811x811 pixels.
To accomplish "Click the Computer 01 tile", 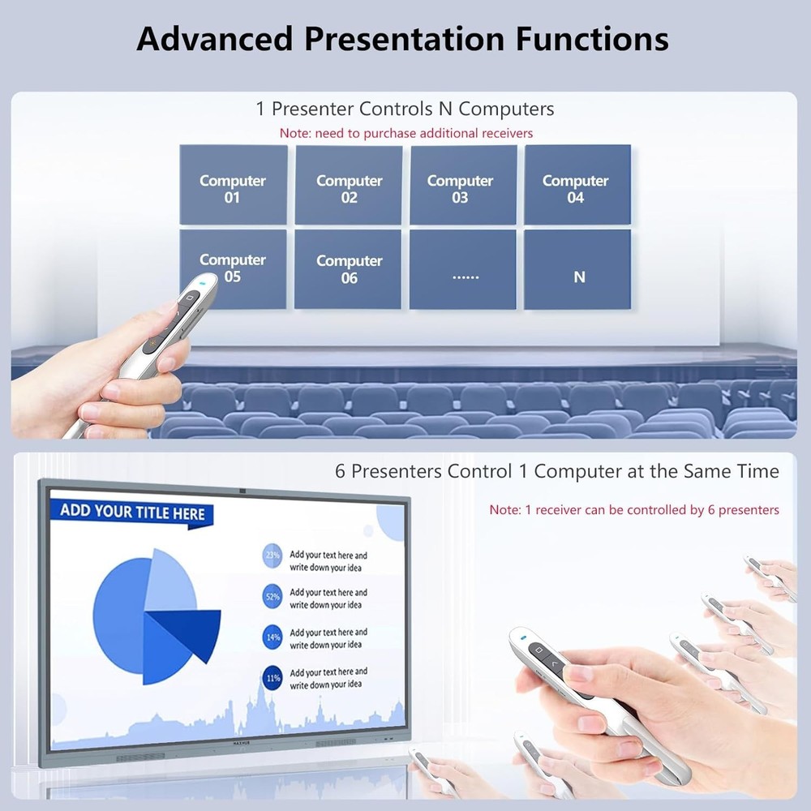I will coord(233,185).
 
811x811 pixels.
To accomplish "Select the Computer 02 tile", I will coord(349,185).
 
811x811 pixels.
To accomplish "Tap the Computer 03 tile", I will coord(463,185).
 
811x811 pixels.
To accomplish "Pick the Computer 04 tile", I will coord(577,185).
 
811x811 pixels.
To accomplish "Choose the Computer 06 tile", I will coord(348,268).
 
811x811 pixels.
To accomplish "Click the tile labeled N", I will coord(577,269).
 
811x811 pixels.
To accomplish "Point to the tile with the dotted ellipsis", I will coord(463,269).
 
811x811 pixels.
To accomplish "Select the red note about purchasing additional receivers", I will coord(406,132).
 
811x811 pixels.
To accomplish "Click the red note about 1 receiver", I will coord(633,510).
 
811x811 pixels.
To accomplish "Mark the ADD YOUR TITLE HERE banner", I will coord(133,513).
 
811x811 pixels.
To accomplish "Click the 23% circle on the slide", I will coord(272,556).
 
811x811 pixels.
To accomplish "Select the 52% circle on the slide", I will coord(272,597).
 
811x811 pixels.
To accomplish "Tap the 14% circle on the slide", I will coord(272,637).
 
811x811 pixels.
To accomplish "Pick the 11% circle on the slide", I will coord(272,677).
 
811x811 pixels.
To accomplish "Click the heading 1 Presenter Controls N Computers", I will coord(405,109).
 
